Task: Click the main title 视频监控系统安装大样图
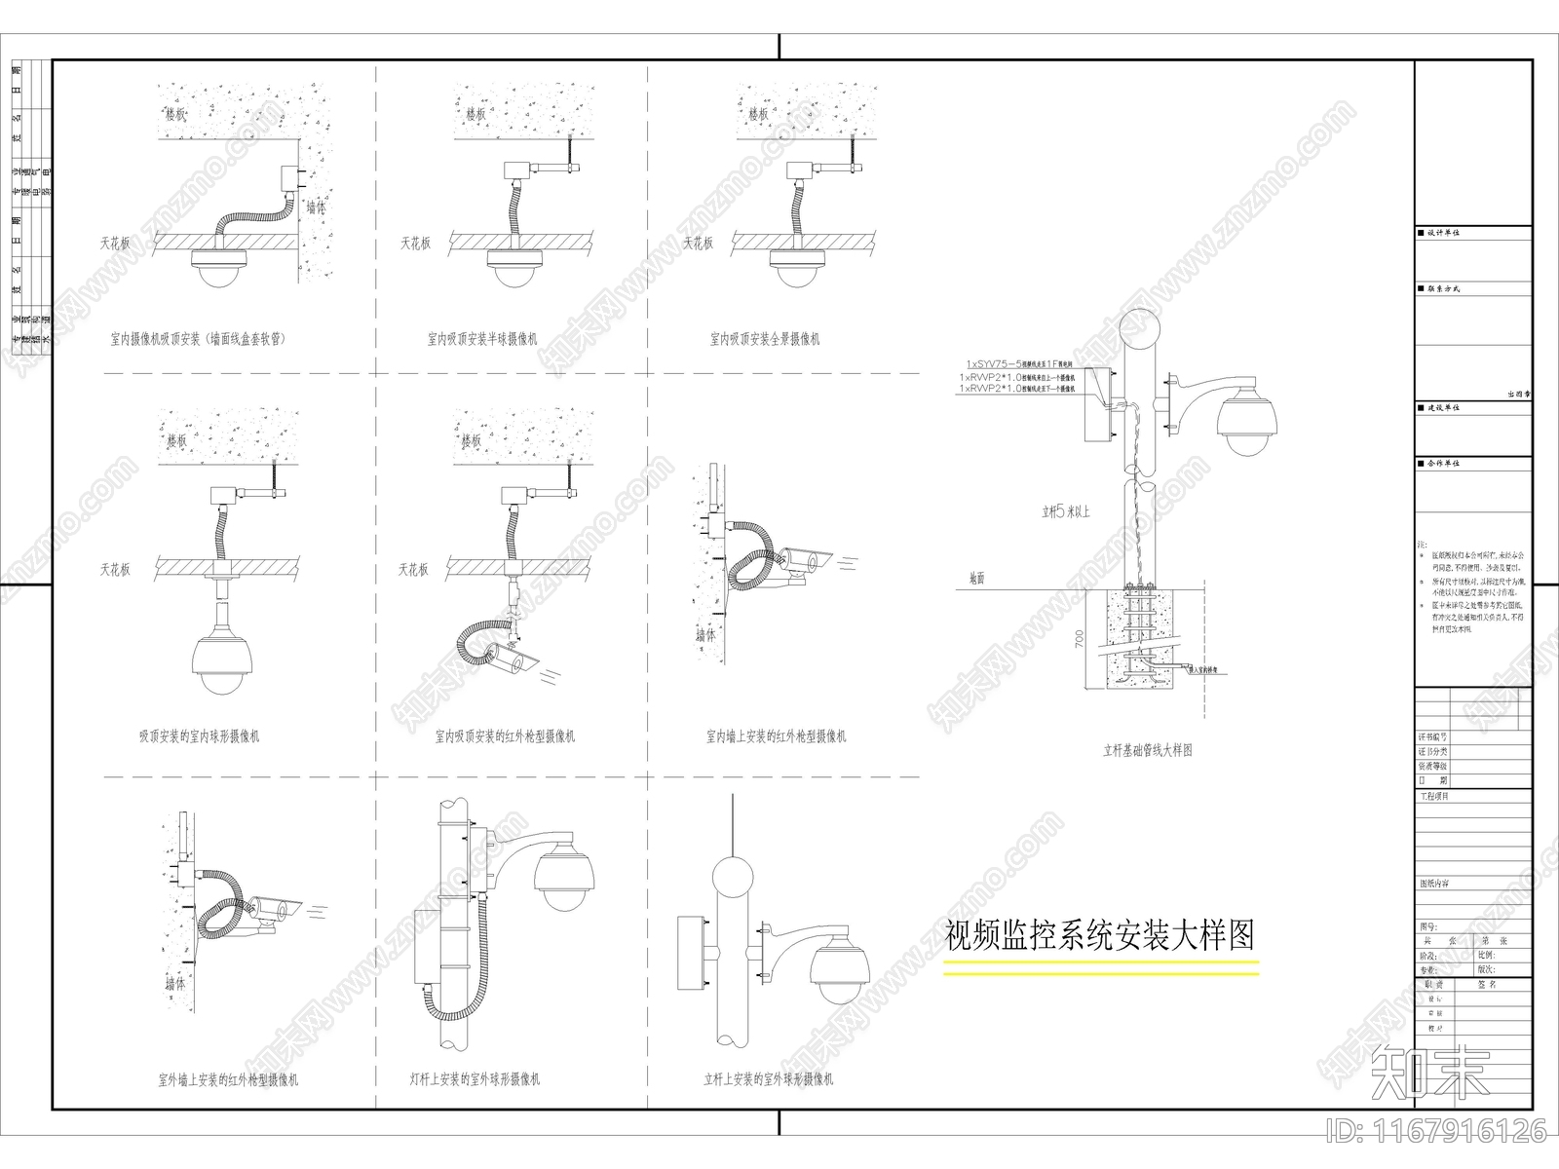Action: [1100, 935]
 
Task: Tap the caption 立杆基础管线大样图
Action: [1147, 750]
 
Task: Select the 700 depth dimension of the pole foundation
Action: [1079, 639]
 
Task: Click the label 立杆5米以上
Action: [1066, 510]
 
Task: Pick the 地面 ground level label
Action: [976, 579]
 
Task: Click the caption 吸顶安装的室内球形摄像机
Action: [199, 736]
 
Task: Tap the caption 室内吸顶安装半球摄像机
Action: [482, 339]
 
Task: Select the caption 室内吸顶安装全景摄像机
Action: [765, 339]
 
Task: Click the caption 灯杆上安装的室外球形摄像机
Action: [475, 1079]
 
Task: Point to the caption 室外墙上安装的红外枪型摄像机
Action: [227, 1079]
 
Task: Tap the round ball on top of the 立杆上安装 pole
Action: [732, 875]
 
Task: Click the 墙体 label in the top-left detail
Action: [316, 207]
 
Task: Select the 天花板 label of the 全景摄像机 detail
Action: [698, 244]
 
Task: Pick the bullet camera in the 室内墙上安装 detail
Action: [802, 561]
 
